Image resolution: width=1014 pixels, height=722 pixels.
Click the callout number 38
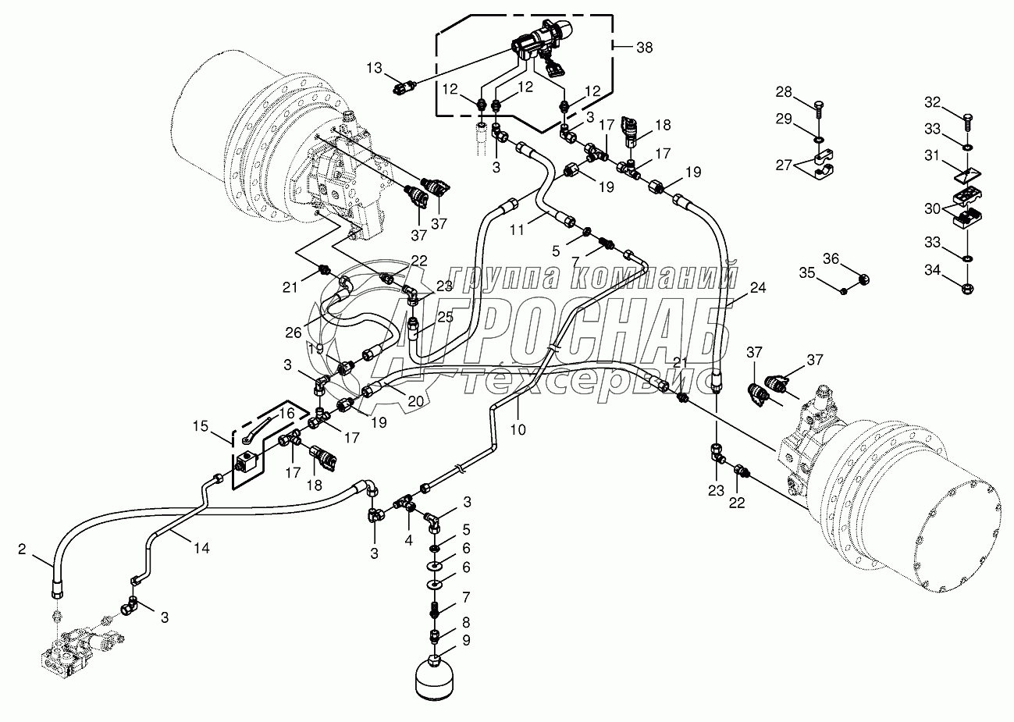[x=645, y=48]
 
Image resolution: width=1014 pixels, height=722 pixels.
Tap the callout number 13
[x=375, y=68]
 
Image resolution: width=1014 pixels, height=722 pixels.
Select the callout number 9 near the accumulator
[x=466, y=641]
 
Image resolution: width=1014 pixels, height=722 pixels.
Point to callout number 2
[x=22, y=550]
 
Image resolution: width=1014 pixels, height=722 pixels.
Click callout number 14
[x=201, y=548]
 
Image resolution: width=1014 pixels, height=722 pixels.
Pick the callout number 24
[x=758, y=287]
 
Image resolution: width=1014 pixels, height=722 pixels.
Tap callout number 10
[x=518, y=429]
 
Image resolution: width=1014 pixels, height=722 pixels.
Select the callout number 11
[x=517, y=230]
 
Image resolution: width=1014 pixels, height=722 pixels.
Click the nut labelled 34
[x=967, y=288]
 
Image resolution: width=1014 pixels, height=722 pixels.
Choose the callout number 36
[x=831, y=259]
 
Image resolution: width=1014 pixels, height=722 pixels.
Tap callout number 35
[x=806, y=273]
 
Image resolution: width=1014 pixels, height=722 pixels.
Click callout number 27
[x=784, y=165]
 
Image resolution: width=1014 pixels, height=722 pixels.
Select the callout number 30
[x=933, y=208]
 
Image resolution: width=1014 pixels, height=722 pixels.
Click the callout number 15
[x=200, y=426]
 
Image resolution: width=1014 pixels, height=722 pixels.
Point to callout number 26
[x=294, y=333]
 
